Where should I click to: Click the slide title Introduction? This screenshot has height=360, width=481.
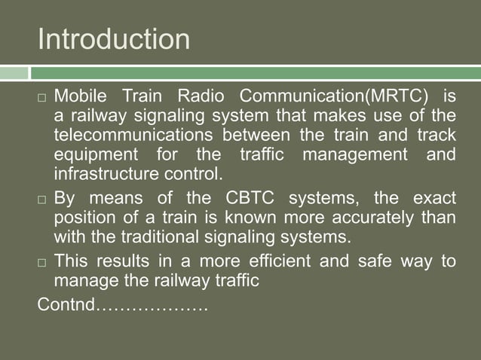click(114, 39)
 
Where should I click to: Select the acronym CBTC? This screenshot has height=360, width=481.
click(252, 200)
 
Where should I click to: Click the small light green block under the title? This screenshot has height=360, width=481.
click(14, 73)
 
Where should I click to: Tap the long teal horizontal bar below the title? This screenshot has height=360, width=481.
click(256, 73)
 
